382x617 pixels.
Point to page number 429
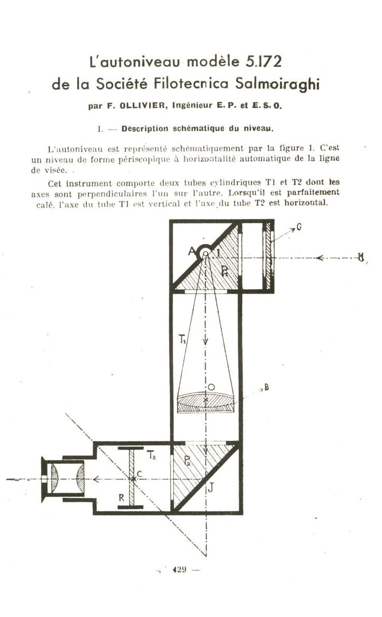tap(179, 570)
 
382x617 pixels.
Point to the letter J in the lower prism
tap(211, 488)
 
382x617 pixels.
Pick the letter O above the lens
tap(211, 387)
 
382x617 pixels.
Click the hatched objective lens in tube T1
tap(206, 403)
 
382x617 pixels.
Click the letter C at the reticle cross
tap(140, 474)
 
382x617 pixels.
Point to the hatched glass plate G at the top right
tap(268, 256)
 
